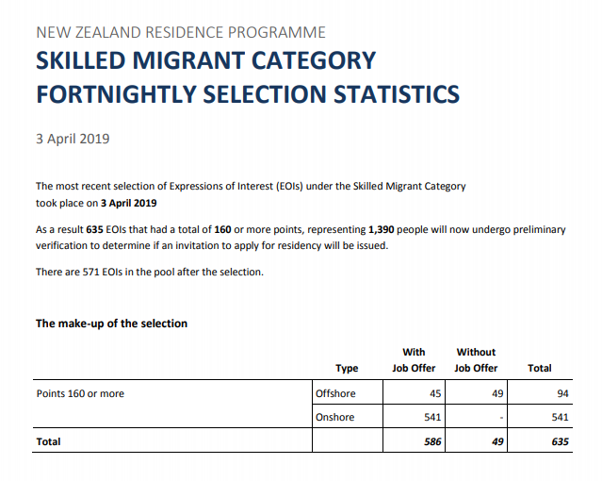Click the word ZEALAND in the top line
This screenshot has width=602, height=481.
[x=108, y=33]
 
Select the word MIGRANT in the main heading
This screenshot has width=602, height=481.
[x=192, y=61]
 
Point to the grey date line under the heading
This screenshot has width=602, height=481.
[x=73, y=139]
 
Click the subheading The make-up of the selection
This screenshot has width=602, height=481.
[x=111, y=323]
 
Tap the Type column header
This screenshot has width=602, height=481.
[x=347, y=368]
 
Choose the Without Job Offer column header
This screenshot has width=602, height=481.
[x=476, y=359]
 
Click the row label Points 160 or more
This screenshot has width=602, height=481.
[x=80, y=393]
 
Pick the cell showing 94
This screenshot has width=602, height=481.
[x=562, y=393]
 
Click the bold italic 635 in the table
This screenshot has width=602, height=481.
[x=561, y=440]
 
